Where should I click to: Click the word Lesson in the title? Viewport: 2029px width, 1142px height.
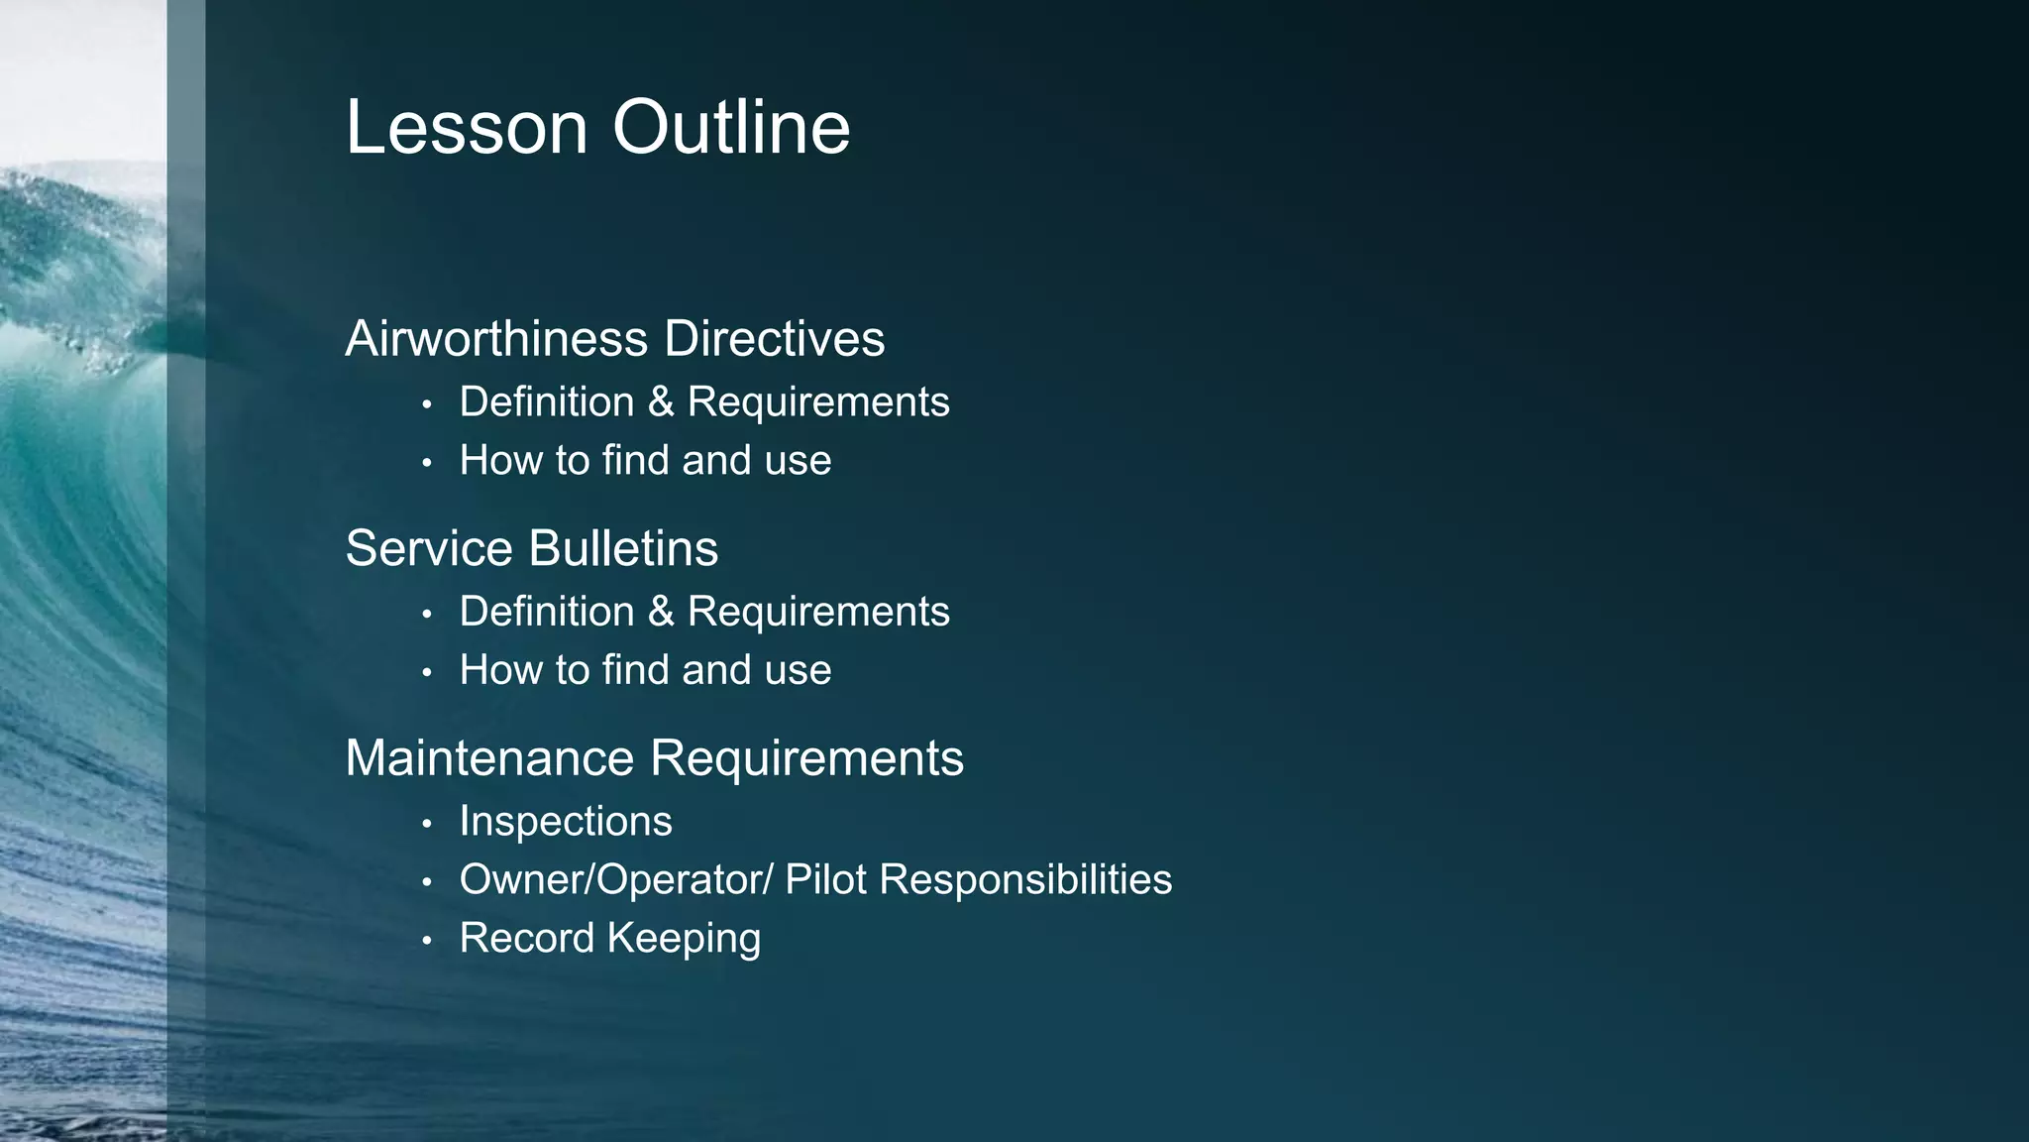(x=467, y=128)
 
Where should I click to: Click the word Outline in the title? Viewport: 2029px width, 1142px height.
(x=731, y=128)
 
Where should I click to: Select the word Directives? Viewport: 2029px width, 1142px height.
(x=775, y=339)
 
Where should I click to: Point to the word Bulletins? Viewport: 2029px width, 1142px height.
(x=623, y=548)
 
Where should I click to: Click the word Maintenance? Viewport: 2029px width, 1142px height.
(x=489, y=758)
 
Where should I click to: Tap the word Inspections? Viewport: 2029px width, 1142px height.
(x=566, y=822)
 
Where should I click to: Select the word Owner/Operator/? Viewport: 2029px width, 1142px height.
(x=615, y=880)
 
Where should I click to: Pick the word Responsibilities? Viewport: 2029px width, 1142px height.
(x=1025, y=880)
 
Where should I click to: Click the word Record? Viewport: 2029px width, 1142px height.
(x=526, y=939)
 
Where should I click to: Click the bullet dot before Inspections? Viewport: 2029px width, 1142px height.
(x=427, y=824)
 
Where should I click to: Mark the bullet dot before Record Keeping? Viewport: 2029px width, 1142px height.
(x=427, y=941)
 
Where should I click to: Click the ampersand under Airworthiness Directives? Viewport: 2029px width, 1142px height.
(x=661, y=402)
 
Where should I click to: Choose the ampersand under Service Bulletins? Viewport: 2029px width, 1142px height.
(x=661, y=612)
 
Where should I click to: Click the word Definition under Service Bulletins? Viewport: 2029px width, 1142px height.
(x=547, y=612)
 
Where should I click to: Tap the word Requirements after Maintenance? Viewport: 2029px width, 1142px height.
(x=806, y=758)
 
